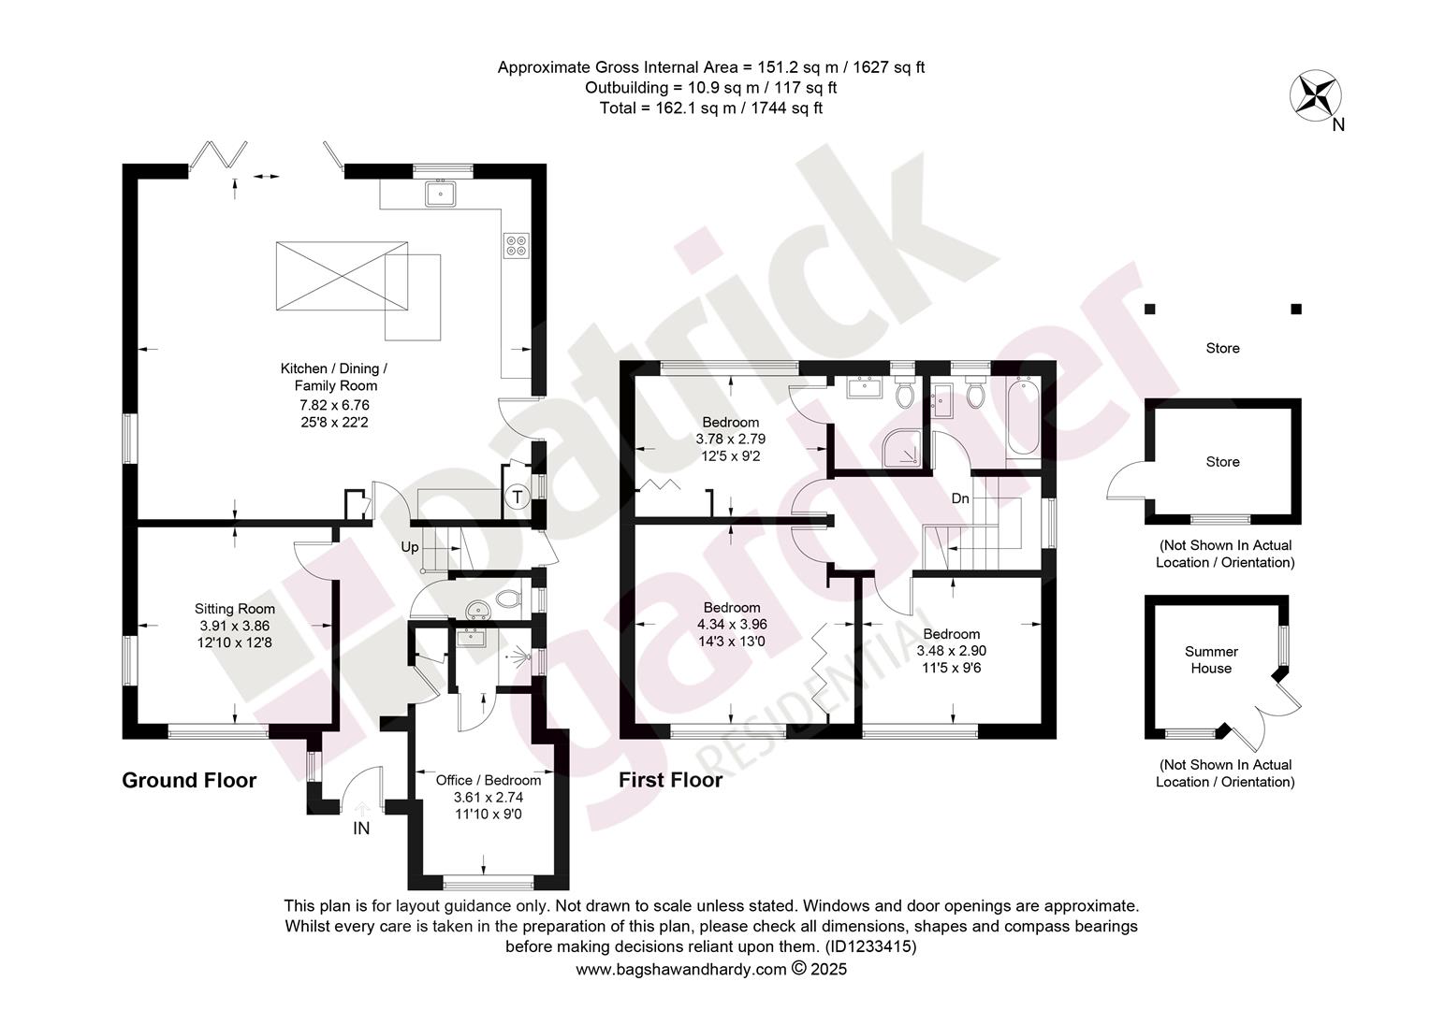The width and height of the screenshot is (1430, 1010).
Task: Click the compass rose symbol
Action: (1315, 96)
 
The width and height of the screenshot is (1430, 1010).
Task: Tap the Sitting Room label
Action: (234, 609)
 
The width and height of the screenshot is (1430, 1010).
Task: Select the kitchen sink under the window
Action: (441, 194)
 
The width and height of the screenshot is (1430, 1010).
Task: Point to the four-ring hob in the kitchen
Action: (517, 246)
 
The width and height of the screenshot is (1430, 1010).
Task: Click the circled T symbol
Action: (518, 497)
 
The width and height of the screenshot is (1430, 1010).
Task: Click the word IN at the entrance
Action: (361, 829)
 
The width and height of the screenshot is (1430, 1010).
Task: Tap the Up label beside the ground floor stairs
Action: (410, 547)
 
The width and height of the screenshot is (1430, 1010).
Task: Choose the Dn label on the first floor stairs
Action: (960, 498)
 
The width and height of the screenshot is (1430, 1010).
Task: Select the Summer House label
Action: (1211, 659)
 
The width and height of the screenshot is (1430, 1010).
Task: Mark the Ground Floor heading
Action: (189, 780)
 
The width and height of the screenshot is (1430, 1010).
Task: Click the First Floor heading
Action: (670, 780)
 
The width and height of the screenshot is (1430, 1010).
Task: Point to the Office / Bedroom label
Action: (489, 780)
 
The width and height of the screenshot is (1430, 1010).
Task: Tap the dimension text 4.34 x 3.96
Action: (732, 625)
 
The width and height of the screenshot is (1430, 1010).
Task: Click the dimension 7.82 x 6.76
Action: (334, 405)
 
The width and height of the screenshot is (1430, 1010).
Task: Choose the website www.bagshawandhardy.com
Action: (680, 970)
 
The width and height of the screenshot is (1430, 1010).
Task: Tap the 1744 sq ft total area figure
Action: (786, 108)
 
